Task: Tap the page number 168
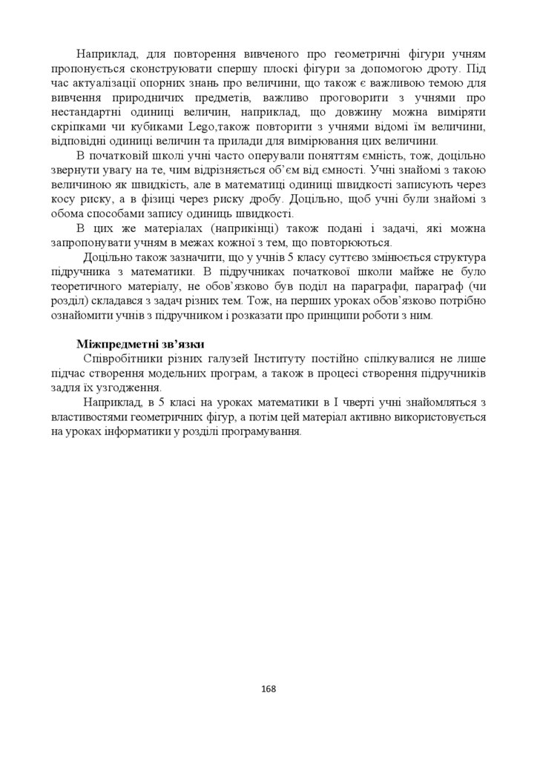[268, 689]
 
